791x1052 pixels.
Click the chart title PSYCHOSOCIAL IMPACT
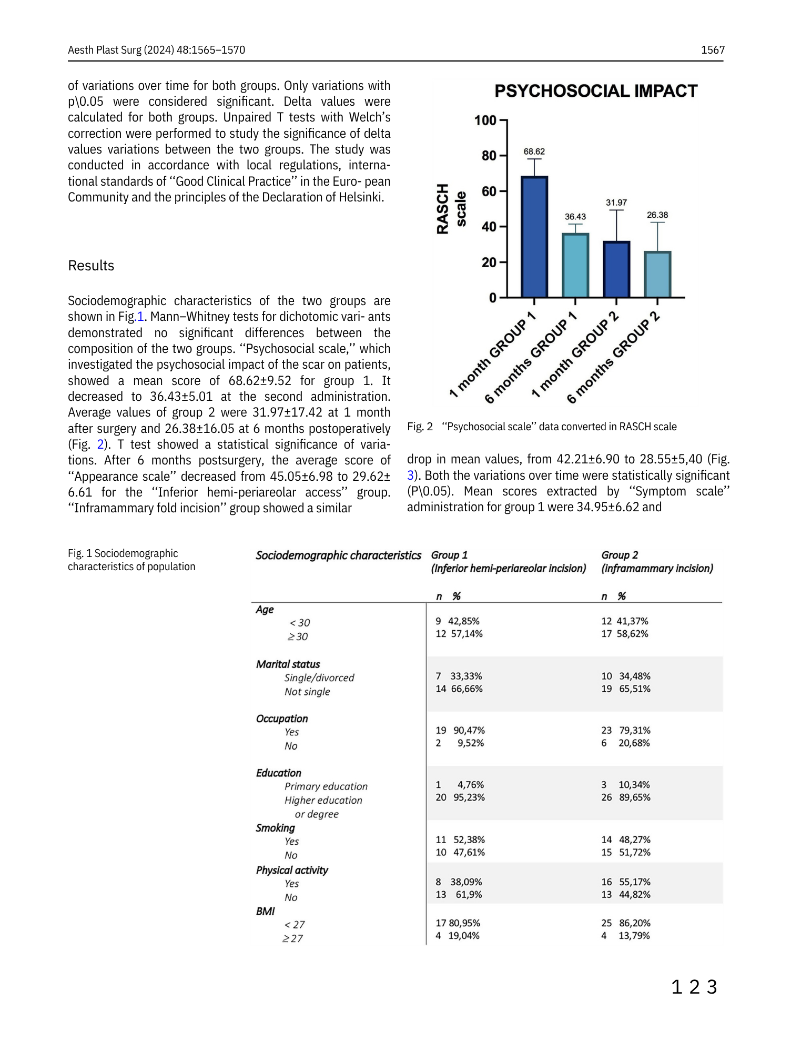point(595,91)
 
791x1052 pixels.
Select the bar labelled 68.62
point(534,237)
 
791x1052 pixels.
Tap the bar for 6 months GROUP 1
point(575,266)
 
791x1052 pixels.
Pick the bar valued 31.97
point(616,269)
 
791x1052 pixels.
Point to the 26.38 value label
point(657,215)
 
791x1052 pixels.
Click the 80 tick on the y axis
point(489,156)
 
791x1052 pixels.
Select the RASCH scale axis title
point(451,209)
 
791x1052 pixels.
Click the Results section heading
point(91,266)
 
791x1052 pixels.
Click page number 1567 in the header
point(713,50)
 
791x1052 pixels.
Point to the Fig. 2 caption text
point(542,427)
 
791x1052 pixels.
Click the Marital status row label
point(288,664)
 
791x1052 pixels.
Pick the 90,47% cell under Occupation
point(469,730)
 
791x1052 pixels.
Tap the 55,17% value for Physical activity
point(634,882)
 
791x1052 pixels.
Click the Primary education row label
point(326,786)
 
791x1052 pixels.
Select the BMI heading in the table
point(265,911)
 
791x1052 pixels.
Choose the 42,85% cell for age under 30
point(463,621)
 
